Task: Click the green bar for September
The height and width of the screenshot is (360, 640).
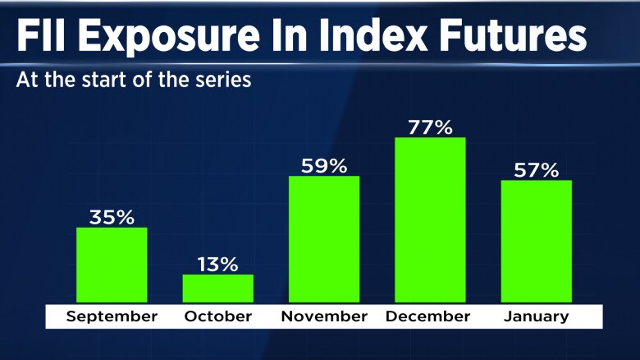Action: click(112, 265)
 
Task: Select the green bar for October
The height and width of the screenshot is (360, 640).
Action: click(217, 288)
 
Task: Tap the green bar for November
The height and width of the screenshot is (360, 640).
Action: click(324, 239)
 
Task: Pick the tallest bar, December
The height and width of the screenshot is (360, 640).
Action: click(430, 219)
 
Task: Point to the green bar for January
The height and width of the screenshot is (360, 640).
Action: click(537, 241)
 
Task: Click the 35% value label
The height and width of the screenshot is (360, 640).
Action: click(112, 218)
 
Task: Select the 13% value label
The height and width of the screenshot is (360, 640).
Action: click(217, 265)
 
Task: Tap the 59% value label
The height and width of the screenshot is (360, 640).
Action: click(324, 166)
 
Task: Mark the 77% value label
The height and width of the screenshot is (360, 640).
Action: click(430, 127)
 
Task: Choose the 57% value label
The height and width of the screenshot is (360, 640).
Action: click(537, 170)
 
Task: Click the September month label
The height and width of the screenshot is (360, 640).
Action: click(112, 316)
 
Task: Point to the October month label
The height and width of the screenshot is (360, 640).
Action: click(217, 316)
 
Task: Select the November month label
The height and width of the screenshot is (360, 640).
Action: click(324, 316)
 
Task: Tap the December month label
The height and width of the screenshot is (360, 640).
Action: click(430, 316)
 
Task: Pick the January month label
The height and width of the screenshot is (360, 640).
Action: click(537, 316)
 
